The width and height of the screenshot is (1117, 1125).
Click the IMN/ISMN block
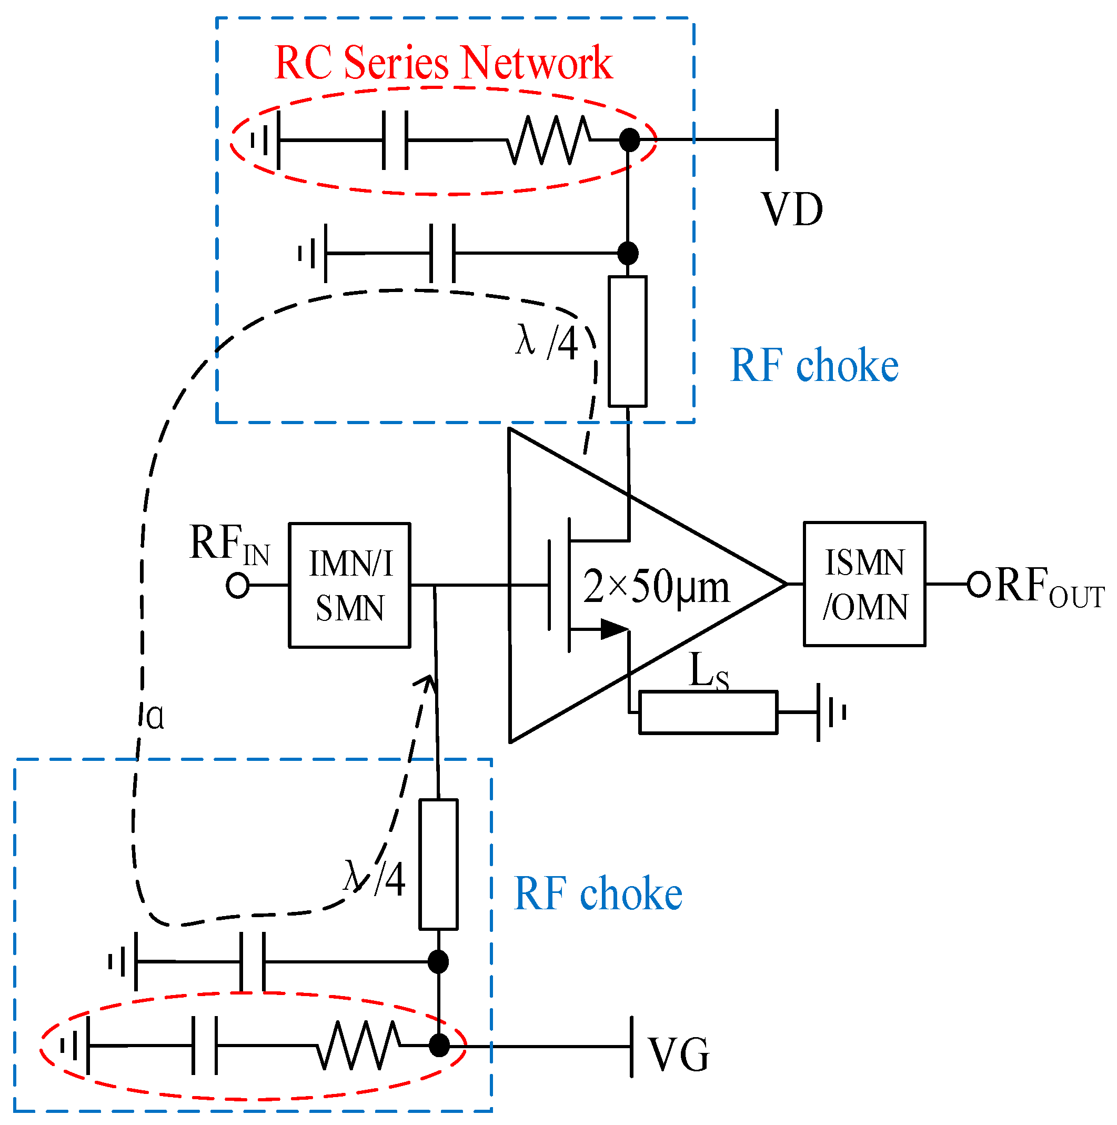[349, 585]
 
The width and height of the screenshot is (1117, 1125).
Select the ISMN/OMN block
[864, 584]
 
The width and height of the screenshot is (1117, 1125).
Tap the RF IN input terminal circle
[238, 585]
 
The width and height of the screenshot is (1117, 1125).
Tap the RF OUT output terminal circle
[979, 584]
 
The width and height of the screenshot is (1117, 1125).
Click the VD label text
[792, 209]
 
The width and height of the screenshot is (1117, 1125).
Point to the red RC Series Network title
[442, 63]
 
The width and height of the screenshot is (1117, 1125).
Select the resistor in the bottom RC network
[359, 1046]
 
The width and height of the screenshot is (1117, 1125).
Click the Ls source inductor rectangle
[708, 712]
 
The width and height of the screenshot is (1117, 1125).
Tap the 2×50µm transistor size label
[656, 587]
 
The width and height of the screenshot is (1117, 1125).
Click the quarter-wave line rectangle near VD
[627, 341]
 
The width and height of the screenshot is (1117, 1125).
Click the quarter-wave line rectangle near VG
[438, 864]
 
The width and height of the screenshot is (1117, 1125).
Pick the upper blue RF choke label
[814, 366]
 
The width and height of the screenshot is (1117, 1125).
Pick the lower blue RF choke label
[598, 895]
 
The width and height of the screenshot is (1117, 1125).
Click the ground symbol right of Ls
[830, 712]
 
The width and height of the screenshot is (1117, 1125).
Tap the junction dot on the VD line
[629, 140]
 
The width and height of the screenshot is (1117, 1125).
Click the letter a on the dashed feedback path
[155, 716]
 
